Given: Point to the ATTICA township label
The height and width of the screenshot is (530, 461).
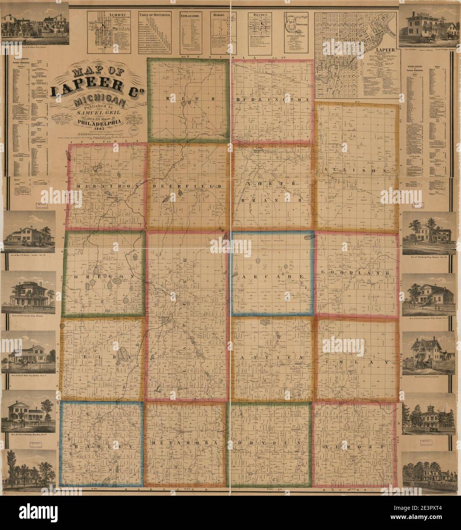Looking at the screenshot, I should tap(272, 358).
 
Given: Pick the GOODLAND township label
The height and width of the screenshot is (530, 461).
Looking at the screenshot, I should tap(356, 273).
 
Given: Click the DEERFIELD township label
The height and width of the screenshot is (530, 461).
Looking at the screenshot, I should tap(187, 186).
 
